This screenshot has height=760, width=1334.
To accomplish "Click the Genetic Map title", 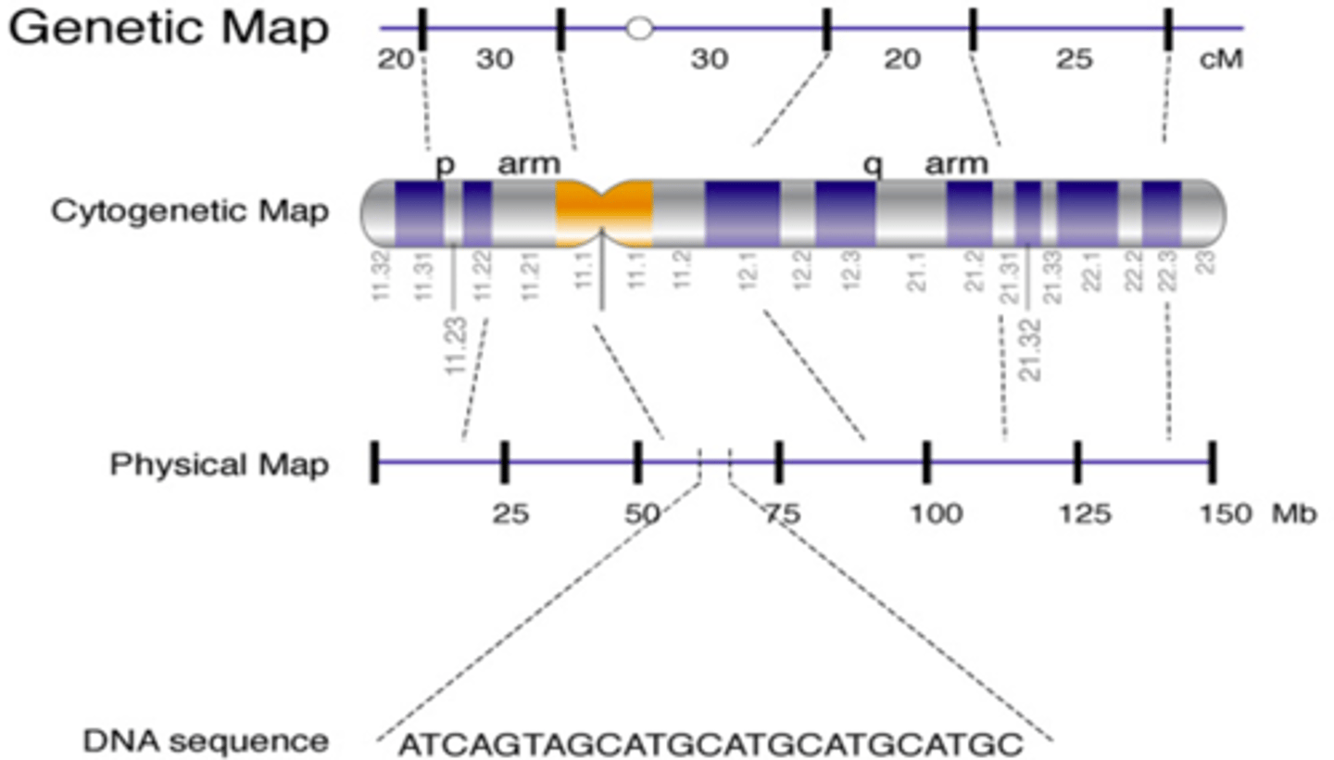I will tap(169, 30).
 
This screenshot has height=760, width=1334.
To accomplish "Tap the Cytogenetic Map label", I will tap(189, 212).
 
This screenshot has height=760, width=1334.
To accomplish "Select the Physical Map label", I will tap(219, 463).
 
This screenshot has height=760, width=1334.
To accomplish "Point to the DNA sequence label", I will tap(205, 741).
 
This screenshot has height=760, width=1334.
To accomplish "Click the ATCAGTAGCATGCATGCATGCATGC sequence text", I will tap(711, 743).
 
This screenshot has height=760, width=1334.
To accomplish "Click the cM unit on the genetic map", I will tap(1221, 61).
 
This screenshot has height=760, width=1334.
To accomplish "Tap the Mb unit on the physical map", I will tap(1294, 514).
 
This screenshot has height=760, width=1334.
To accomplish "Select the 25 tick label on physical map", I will tap(511, 514).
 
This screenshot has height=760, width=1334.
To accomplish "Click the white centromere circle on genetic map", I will tap(638, 28).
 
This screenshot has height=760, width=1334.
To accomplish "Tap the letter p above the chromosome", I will tap(446, 165).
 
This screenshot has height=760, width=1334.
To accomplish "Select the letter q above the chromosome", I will tap(872, 165).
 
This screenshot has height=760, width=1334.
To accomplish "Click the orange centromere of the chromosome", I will tap(604, 213).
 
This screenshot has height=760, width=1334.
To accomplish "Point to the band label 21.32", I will tap(1031, 349).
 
